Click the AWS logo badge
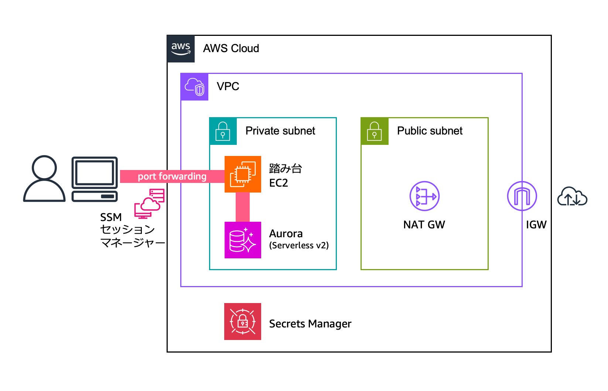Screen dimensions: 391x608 tap(181, 49)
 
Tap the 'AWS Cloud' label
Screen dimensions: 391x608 tap(231, 48)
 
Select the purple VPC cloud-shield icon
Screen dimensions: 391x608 tap(194, 87)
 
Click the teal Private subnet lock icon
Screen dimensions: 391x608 tap(223, 131)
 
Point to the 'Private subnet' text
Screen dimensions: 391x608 tap(280, 131)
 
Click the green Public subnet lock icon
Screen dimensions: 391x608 tap(375, 131)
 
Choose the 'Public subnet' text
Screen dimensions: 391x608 tap(430, 131)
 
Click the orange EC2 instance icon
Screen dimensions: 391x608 tap(243, 174)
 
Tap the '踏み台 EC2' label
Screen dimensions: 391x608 tap(285, 176)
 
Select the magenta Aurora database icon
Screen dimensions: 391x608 tap(243, 240)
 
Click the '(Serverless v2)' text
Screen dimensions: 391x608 tap(299, 245)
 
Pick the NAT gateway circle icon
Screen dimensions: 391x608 tap(424, 196)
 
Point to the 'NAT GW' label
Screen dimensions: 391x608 tap(424, 225)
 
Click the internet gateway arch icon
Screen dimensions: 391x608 tap(522, 196)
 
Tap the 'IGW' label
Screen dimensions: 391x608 tap(536, 225)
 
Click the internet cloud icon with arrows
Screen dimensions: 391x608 tap(572, 197)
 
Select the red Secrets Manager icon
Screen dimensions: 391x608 tap(243, 322)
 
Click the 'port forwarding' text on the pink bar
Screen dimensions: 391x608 tap(172, 176)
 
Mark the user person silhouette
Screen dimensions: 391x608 tap(44, 178)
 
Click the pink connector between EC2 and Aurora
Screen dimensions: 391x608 tap(243, 207)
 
